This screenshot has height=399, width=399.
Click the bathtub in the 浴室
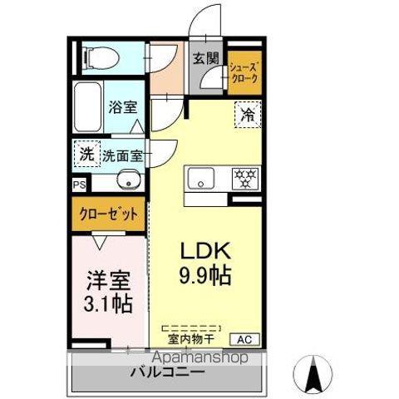click(x=87, y=107)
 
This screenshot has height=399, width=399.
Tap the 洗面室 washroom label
click(x=121, y=155)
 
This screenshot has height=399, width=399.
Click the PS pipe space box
click(x=79, y=185)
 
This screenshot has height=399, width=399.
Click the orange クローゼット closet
click(x=108, y=214)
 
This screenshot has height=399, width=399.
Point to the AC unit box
click(x=245, y=338)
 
